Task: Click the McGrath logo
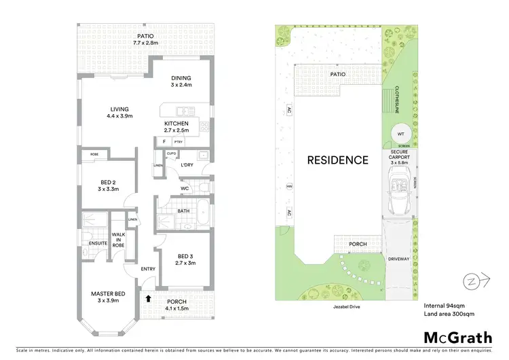point(458,338)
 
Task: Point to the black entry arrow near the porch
point(148,297)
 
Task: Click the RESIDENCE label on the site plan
point(338,160)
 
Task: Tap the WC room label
point(185,188)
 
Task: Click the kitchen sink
point(182,111)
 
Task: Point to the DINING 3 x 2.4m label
point(181,82)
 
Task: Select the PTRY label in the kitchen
point(178,141)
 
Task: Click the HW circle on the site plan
point(290,186)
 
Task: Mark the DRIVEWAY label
point(398,259)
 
